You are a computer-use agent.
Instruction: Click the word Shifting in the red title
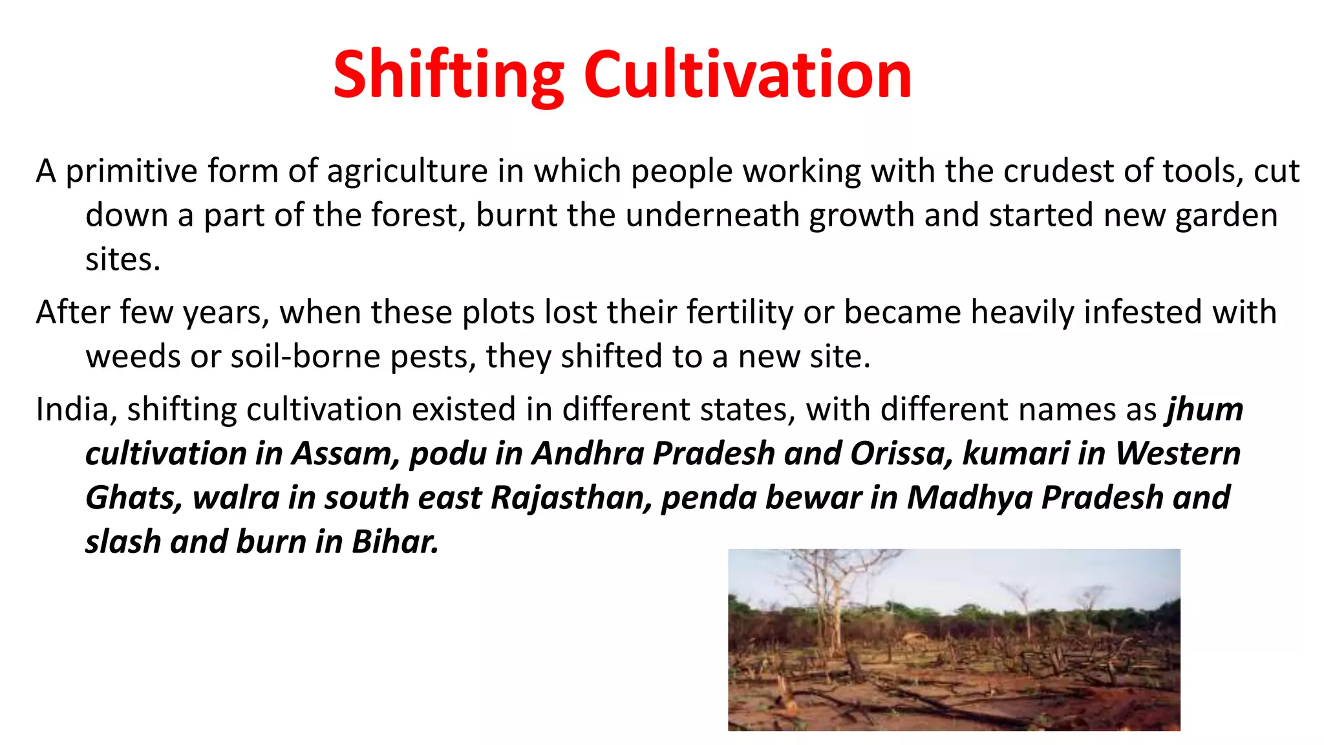coord(449,76)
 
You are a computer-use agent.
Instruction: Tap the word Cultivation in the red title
coord(747,76)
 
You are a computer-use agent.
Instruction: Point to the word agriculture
coord(407,172)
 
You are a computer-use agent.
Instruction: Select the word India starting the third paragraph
coord(72,410)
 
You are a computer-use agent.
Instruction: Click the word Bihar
coord(395,542)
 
